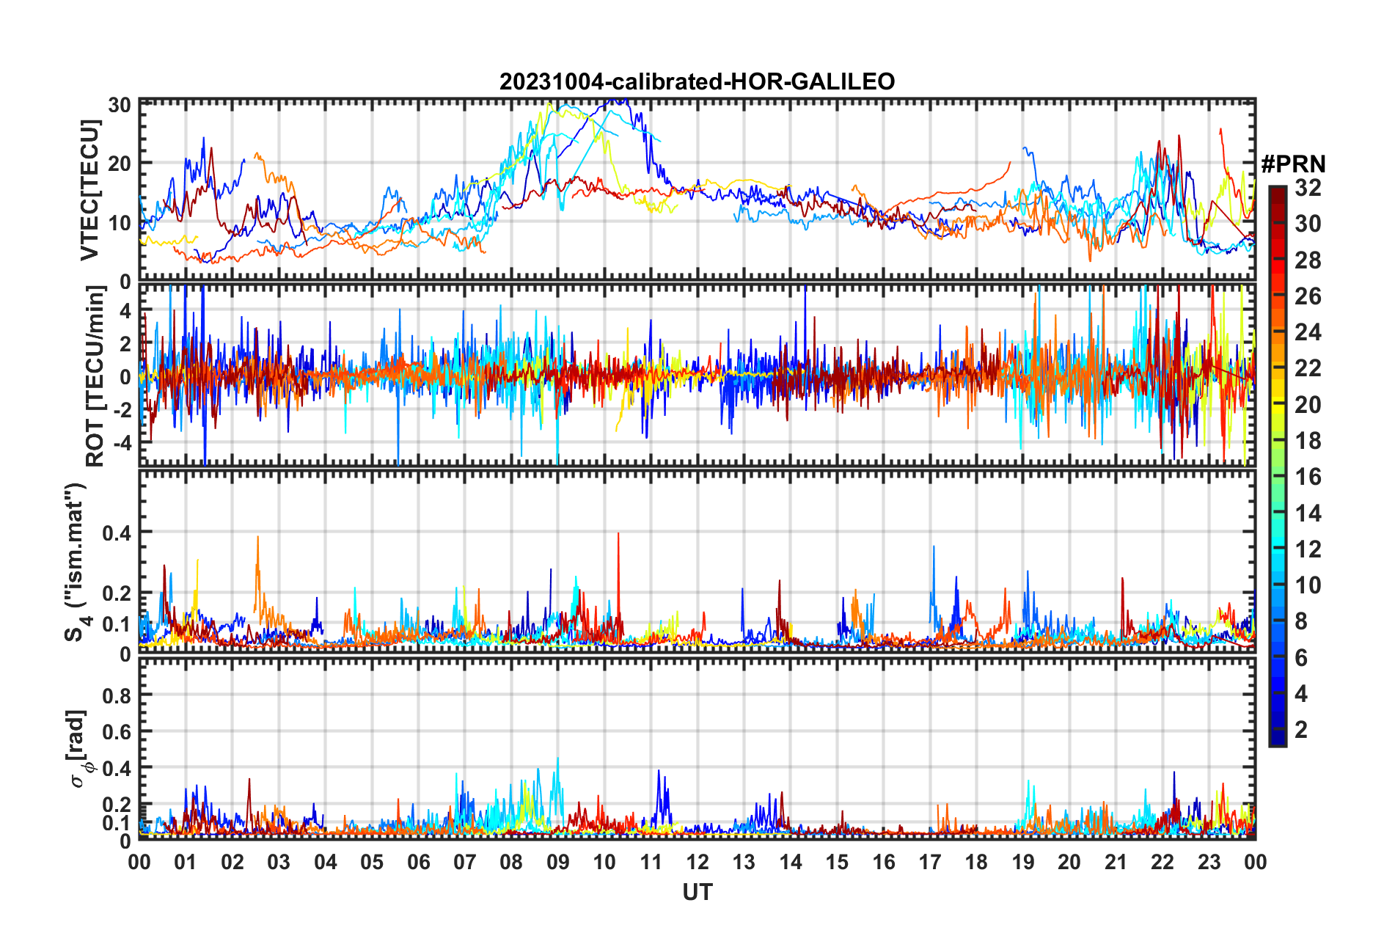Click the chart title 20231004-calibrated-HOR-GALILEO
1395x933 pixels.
pyautogui.click(x=697, y=81)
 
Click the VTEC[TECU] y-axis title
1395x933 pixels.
pyautogui.click(x=89, y=191)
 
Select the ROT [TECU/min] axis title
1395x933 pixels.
pyautogui.click(x=95, y=376)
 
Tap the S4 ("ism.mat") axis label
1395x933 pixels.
pyautogui.click(x=76, y=562)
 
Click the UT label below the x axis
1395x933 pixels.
pyautogui.click(x=697, y=892)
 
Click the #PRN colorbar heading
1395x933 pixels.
pyautogui.click(x=1293, y=164)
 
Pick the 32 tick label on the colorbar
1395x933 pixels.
pyautogui.click(x=1308, y=188)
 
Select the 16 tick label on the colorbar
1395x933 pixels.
pyautogui.click(x=1308, y=477)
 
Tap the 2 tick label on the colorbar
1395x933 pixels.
pyautogui.click(x=1301, y=729)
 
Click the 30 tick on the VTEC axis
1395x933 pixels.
pyautogui.click(x=120, y=104)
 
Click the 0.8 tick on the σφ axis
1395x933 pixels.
pyautogui.click(x=117, y=695)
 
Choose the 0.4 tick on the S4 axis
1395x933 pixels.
pyautogui.click(x=117, y=533)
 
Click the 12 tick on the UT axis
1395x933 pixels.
pyautogui.click(x=697, y=862)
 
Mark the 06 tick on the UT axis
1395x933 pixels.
pyautogui.click(x=418, y=862)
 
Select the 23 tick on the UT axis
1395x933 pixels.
pyautogui.click(x=1209, y=862)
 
